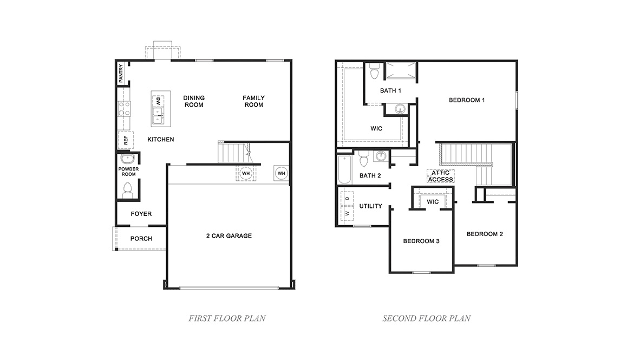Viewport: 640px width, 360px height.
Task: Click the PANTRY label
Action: pos(121,73)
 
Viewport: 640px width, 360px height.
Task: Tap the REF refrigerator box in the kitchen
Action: pos(126,140)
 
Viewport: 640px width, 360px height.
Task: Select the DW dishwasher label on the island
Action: pos(159,100)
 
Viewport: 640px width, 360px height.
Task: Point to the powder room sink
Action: pos(128,159)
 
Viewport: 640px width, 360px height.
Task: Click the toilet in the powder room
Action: pos(128,189)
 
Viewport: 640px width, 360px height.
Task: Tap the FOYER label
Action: pos(141,214)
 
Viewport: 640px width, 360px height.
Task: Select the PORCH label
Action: pos(141,239)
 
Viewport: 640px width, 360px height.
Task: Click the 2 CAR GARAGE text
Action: pos(228,235)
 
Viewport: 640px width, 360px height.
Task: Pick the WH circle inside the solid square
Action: pos(281,173)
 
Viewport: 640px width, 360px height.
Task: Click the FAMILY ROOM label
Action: pos(253,101)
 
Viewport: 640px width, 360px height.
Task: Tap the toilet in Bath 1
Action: pos(374,72)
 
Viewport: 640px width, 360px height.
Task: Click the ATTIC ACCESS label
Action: pos(440,176)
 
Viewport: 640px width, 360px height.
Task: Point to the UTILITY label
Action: pos(371,206)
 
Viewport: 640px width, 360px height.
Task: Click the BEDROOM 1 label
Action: pos(467,100)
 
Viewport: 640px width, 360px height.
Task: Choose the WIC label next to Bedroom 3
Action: pos(433,201)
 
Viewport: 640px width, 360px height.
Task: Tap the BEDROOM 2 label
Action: pos(485,234)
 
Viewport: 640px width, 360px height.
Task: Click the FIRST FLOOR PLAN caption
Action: pos(227,318)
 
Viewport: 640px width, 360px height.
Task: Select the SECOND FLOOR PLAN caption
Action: pos(427,318)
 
